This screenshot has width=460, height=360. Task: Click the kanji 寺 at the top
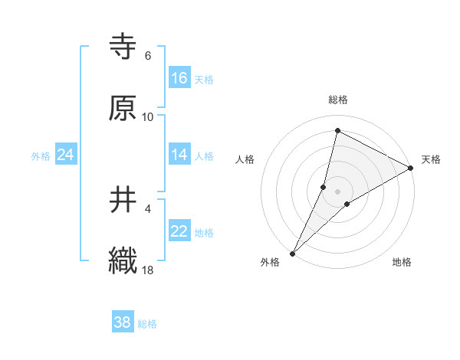123,46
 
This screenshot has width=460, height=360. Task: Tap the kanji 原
123,108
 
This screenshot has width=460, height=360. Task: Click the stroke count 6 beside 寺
148,56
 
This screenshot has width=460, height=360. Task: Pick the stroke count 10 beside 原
148,117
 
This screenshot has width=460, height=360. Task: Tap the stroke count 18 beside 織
148,270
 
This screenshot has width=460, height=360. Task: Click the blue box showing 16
179,78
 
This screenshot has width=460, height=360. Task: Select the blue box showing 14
179,155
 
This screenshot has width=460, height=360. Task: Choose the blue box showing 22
179,232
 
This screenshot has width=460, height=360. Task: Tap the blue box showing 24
65,155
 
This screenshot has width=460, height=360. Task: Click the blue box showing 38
122,322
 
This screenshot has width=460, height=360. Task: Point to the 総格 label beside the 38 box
148,324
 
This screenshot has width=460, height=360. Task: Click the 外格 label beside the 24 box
41,156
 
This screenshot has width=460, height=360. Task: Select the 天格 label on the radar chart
431,159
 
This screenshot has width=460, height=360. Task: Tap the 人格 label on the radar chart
245,159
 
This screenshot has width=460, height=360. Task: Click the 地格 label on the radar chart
402,262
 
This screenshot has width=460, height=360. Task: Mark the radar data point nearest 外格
292,253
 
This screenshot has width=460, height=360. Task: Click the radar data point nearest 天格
411,168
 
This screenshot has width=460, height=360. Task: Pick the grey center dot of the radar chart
337,191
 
